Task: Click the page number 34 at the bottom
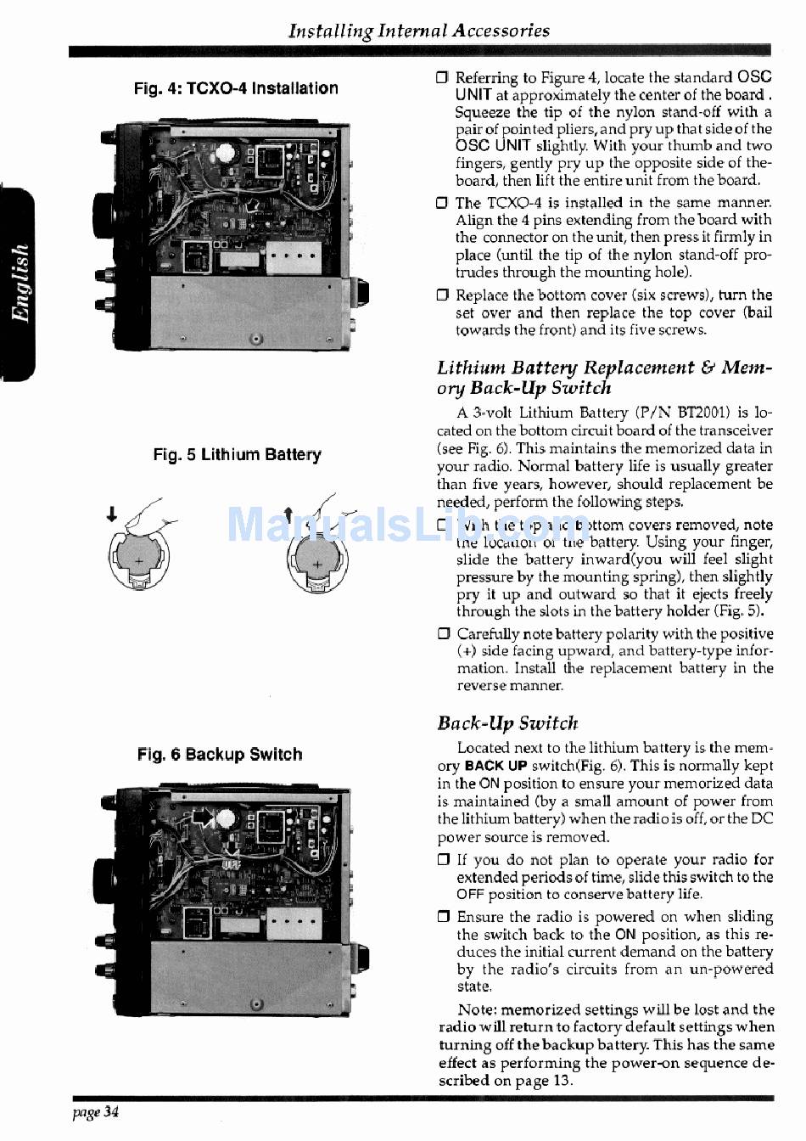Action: [111, 1112]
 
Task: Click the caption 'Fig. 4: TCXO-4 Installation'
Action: [236, 88]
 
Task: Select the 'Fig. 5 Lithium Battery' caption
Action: [237, 455]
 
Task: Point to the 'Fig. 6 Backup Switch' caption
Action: [220, 755]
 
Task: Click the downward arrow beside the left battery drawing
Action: [111, 514]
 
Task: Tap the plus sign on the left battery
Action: [139, 561]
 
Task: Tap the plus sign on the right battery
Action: [316, 563]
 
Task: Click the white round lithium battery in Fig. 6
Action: [226, 818]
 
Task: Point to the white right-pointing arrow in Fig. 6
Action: [204, 817]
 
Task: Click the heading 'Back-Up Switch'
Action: [507, 723]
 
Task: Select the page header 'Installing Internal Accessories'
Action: [419, 31]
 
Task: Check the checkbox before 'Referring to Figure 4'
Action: [442, 78]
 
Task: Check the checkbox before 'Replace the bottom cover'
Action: [442, 295]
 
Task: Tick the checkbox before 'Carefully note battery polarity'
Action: [444, 633]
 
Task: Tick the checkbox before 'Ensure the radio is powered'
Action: [443, 917]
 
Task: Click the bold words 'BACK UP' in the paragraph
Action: [496, 766]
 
